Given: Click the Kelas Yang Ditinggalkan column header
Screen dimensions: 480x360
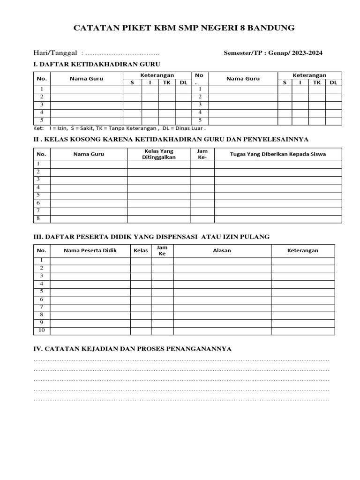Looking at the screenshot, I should (158, 154).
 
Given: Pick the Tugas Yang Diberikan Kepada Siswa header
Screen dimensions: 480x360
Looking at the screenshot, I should (278, 154).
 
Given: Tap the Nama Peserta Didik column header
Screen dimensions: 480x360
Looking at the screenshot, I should (90, 250).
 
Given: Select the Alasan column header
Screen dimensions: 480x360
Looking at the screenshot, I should (222, 250).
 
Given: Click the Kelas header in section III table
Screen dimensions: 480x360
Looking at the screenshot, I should (141, 250).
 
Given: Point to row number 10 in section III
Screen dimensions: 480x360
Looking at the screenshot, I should (42, 330).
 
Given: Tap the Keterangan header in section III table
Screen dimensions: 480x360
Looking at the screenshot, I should (302, 250).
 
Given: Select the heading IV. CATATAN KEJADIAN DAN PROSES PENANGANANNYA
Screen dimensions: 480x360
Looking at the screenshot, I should (133, 349).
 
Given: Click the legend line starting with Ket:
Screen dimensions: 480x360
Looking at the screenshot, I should (120, 128).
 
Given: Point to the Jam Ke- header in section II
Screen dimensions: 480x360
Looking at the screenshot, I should (202, 154).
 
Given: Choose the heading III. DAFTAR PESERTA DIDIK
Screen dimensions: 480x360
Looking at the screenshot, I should (151, 237).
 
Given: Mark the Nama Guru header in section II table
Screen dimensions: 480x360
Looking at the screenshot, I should (89, 154).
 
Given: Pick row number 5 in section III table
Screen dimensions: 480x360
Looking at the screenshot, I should (42, 292).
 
